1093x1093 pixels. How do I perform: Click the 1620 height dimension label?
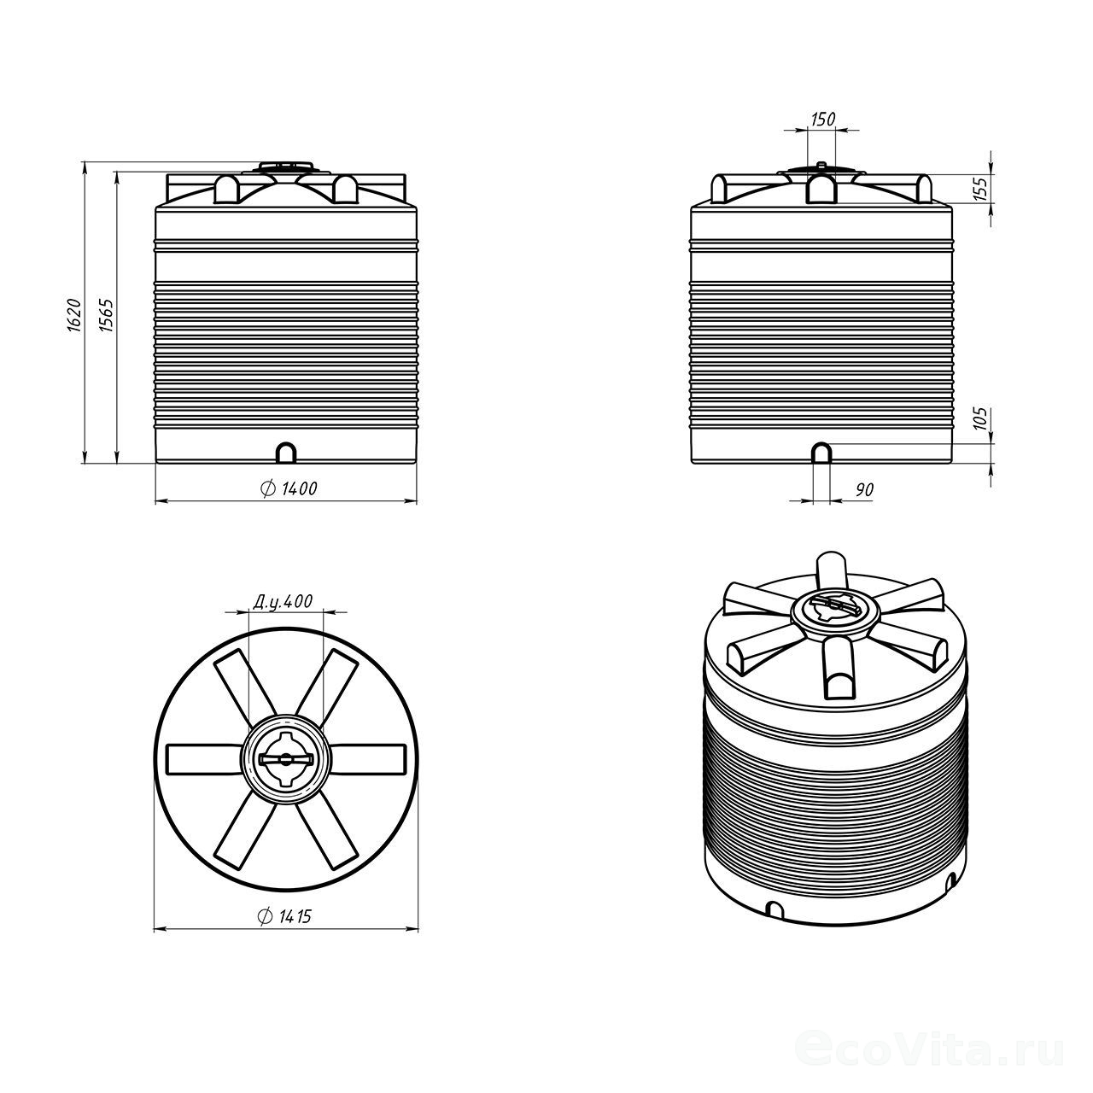(74, 315)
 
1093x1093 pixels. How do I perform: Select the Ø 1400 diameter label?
(288, 488)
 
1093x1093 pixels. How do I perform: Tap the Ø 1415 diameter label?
(285, 916)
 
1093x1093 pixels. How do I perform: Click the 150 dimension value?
(823, 119)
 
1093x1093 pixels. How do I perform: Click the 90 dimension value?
(864, 489)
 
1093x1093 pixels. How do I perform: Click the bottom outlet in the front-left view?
(286, 453)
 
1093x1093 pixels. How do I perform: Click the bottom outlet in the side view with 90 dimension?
(821, 453)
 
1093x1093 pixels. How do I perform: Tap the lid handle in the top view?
(285, 759)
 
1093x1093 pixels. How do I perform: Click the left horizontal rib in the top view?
(205, 759)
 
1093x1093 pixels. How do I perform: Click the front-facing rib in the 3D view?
(839, 666)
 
